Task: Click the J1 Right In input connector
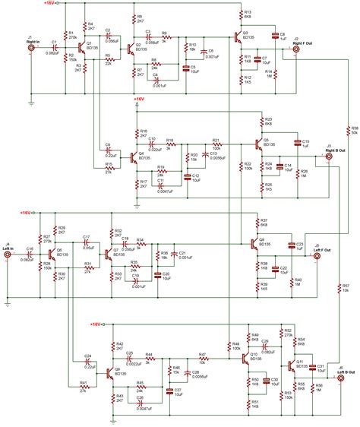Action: point(30,48)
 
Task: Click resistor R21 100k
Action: point(216,144)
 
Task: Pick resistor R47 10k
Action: point(202,358)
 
